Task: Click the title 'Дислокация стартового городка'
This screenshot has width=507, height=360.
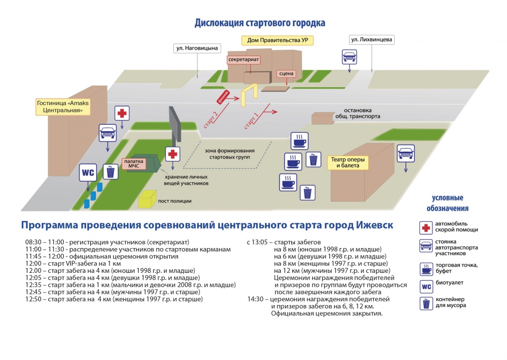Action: (x=259, y=23)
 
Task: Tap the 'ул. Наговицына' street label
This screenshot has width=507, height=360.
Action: (x=197, y=49)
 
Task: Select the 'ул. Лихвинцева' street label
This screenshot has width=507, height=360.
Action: (x=371, y=40)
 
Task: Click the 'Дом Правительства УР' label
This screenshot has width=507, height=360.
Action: (x=277, y=41)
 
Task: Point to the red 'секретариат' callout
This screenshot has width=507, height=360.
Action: (x=244, y=60)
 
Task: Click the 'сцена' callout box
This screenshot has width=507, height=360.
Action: (x=286, y=74)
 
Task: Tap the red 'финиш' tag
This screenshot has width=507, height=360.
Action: (x=223, y=97)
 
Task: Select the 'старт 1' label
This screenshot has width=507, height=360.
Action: (x=251, y=121)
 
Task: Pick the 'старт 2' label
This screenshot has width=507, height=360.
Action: (x=210, y=119)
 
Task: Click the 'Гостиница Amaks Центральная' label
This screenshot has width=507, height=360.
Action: (x=63, y=107)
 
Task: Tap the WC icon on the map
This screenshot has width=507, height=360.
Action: (x=88, y=173)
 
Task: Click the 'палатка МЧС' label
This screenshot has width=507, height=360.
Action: (x=134, y=164)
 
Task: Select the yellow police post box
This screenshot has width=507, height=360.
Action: (x=147, y=199)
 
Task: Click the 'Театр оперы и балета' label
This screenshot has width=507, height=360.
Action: (x=348, y=162)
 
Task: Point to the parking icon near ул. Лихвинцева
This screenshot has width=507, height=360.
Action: (x=349, y=57)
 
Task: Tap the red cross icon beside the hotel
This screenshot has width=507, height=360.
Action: (x=122, y=113)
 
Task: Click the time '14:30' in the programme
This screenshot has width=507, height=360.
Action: (x=255, y=299)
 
